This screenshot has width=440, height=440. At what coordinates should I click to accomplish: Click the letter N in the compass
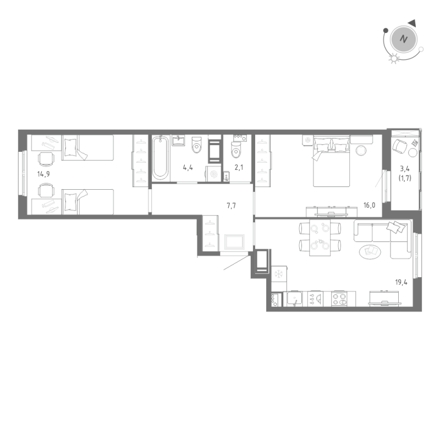(404, 40)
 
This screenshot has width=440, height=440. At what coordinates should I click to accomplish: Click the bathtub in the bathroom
(160, 157)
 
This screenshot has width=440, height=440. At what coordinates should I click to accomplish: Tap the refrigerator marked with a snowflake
(278, 273)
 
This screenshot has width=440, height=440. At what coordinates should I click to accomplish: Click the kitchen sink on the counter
(295, 299)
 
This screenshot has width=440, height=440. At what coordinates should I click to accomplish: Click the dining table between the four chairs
(320, 237)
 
